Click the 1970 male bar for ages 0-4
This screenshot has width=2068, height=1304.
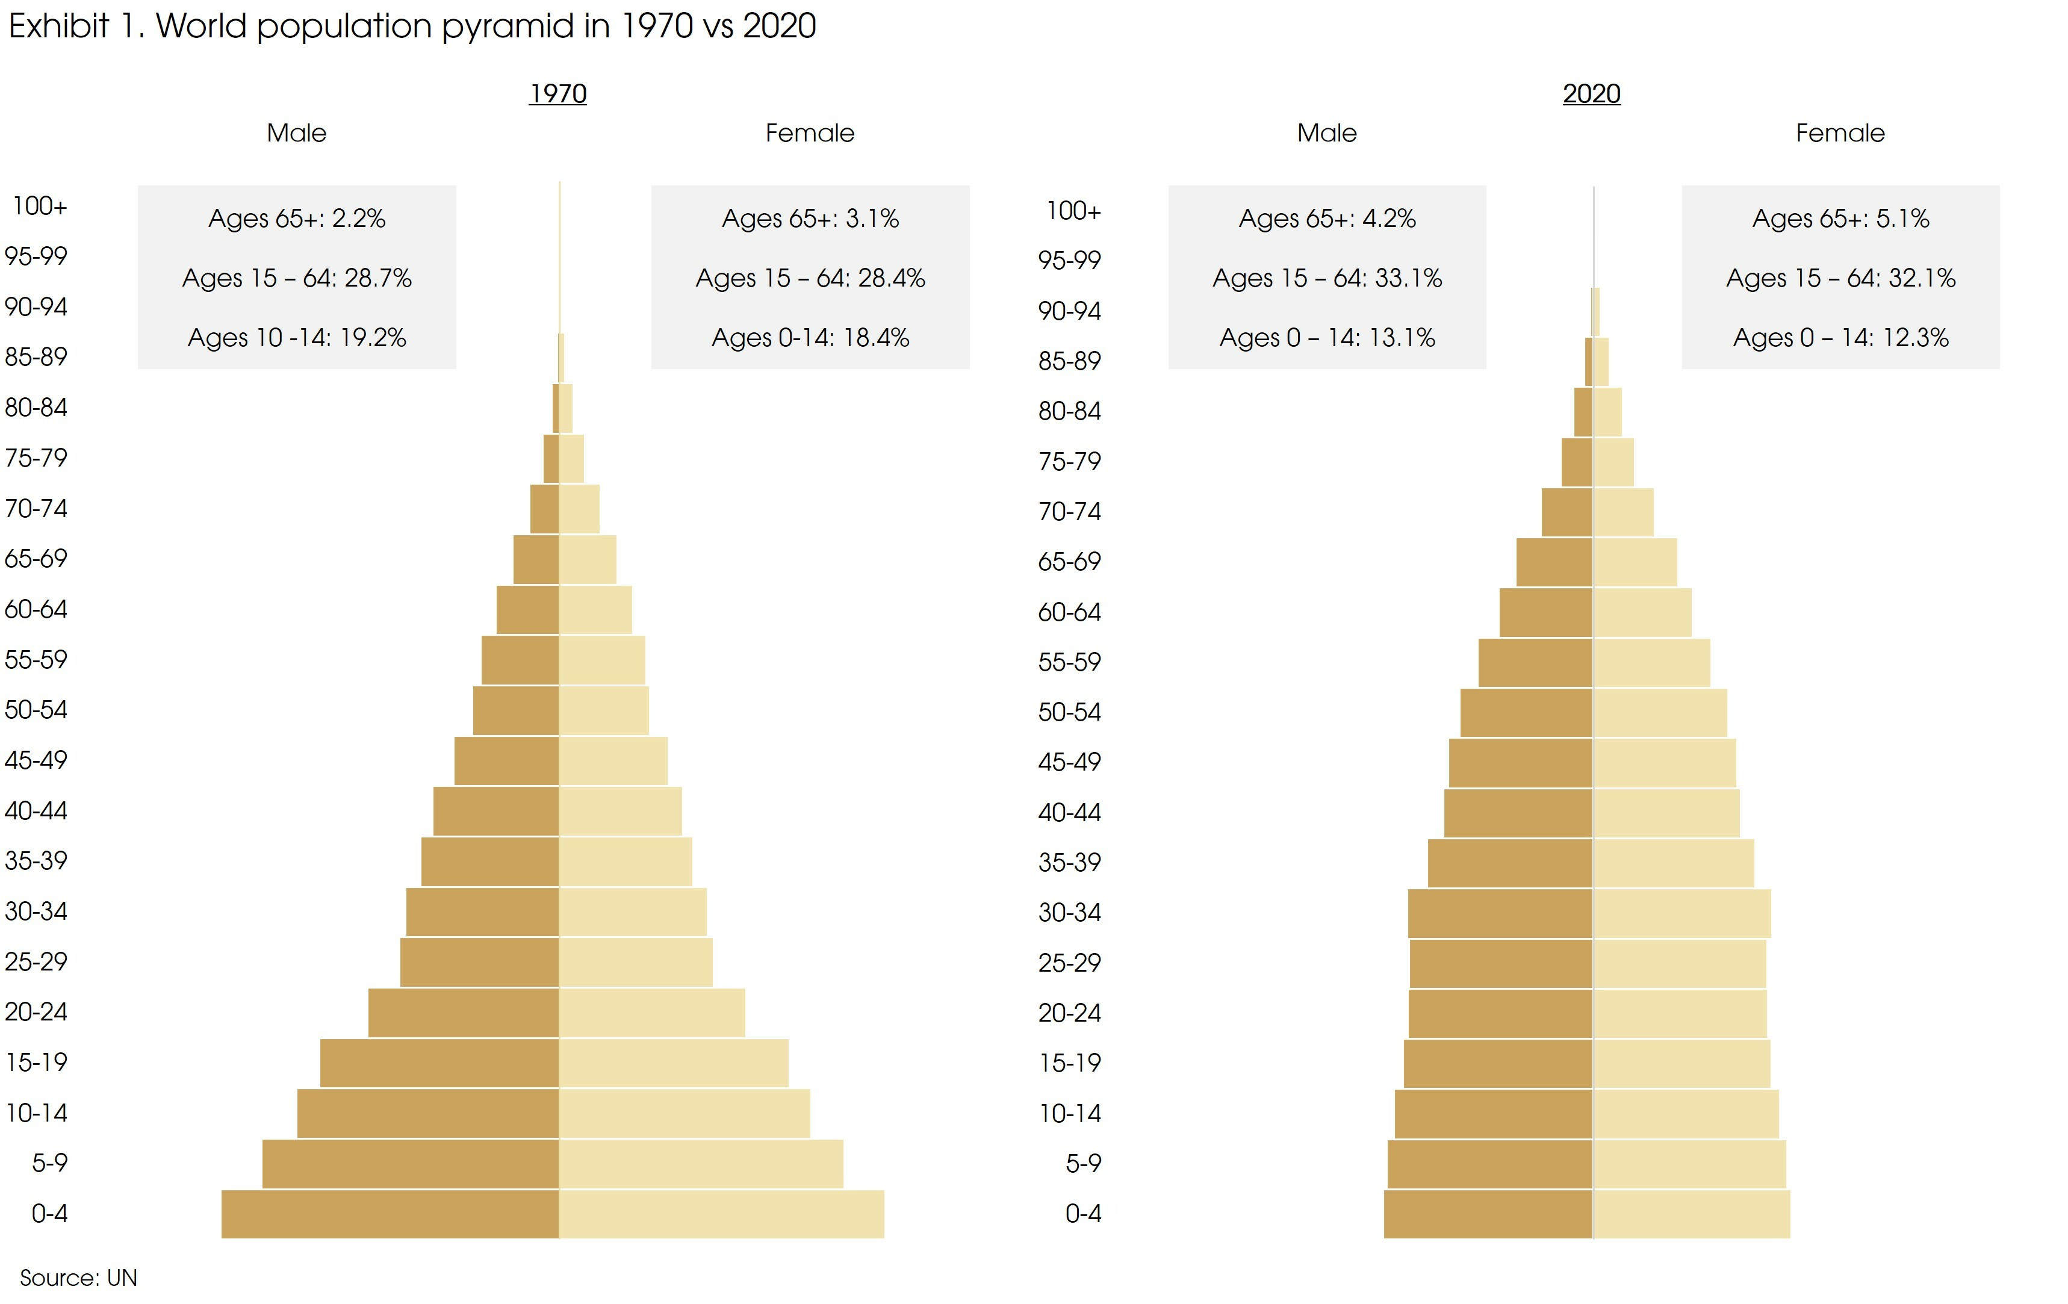pos(390,1213)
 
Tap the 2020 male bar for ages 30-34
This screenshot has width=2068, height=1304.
pos(1500,912)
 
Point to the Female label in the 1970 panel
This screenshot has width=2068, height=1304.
pos(810,133)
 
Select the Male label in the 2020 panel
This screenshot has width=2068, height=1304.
pos(1327,133)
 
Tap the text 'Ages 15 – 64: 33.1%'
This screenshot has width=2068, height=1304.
pos(1327,278)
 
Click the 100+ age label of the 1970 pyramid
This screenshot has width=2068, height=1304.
pos(40,206)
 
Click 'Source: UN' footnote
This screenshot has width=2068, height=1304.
pos(78,1278)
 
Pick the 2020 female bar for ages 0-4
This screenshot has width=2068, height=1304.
pos(1691,1213)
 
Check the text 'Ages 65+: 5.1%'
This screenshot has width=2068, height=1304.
pos(1840,218)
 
